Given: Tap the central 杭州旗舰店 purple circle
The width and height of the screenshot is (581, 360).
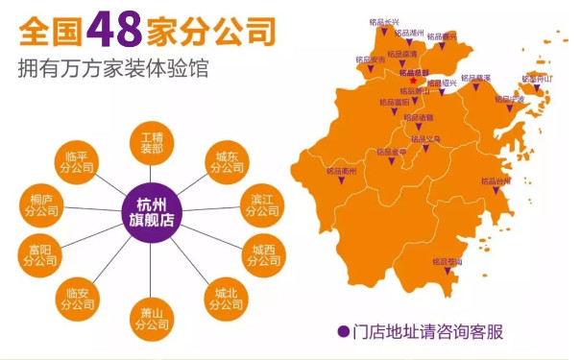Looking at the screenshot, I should [x=152, y=210].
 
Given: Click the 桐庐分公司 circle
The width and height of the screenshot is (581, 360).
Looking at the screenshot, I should [x=41, y=204].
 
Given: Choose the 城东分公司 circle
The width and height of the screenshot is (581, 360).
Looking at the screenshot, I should [x=229, y=162].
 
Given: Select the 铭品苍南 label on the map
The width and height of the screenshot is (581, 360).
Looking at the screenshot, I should [x=447, y=260].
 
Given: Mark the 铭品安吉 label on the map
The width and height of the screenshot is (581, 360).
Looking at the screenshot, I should [x=370, y=60].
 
